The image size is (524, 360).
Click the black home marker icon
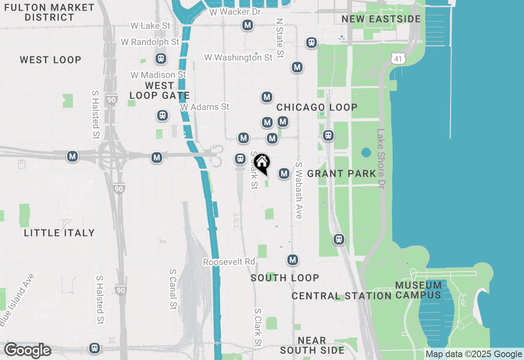pos(262,163)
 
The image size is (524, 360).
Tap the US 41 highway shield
pos(398,59)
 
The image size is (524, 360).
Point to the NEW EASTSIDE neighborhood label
pos(381,19)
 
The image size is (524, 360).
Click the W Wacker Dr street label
pos(235,12)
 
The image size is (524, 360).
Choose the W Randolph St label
pos(150,42)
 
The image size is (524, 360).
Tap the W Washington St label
pos(238,58)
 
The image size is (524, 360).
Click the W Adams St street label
pos(205,107)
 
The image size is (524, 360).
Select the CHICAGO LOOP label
pos(317,107)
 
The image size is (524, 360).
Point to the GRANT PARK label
pos(341,173)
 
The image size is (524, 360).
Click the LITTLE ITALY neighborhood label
pos(59,233)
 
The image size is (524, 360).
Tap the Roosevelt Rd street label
pos(229,262)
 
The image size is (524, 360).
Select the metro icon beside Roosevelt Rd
pos(292,260)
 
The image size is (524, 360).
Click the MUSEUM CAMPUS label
pos(418,290)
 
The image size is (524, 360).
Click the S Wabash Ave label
pos(299,190)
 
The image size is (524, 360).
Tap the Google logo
pos(27,351)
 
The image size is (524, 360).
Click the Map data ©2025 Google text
pos(474,354)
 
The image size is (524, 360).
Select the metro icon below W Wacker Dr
pos(247,25)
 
